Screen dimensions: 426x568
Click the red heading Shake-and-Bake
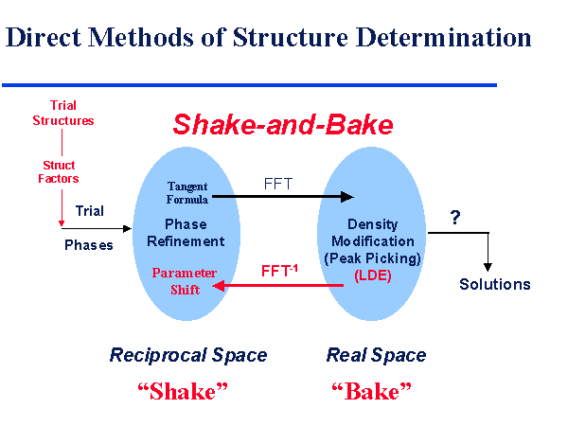pyautogui.click(x=282, y=125)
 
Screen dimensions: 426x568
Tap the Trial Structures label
pyautogui.click(x=63, y=114)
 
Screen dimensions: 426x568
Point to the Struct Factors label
pyautogui.click(x=60, y=171)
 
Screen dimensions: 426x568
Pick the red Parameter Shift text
pyautogui.click(x=185, y=281)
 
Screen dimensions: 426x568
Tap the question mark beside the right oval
pyautogui.click(x=455, y=217)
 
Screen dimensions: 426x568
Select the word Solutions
pyautogui.click(x=495, y=284)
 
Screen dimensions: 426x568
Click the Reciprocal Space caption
pyautogui.click(x=188, y=355)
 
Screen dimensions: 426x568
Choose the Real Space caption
pyautogui.click(x=376, y=355)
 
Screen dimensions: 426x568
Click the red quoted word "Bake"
pyautogui.click(x=373, y=391)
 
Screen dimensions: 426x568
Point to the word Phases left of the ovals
pyautogui.click(x=89, y=244)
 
